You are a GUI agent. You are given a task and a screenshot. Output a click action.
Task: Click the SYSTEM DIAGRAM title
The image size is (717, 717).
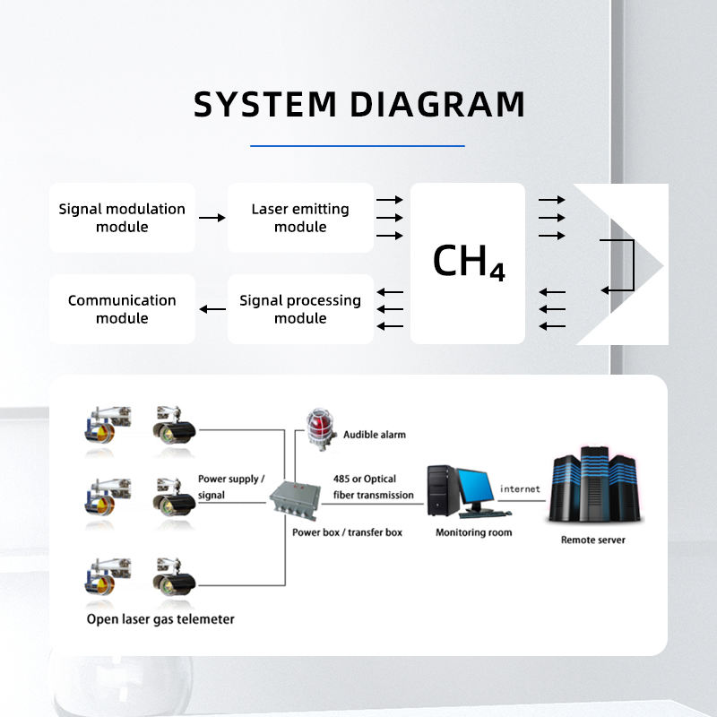click(358, 105)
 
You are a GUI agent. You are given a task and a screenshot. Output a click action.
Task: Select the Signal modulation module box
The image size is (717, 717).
click(122, 218)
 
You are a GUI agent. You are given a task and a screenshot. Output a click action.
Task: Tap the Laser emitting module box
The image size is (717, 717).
click(300, 218)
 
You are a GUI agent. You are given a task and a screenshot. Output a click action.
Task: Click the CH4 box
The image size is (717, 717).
click(468, 263)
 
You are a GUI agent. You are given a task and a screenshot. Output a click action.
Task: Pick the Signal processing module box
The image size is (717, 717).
click(300, 309)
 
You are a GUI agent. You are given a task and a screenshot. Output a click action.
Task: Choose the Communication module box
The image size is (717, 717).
click(122, 309)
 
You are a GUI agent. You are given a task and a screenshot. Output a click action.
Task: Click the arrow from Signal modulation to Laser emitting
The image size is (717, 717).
click(212, 218)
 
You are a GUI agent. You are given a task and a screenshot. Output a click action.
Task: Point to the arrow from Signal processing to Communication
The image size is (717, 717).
click(212, 309)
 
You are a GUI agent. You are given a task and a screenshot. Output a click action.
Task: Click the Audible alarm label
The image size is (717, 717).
click(374, 435)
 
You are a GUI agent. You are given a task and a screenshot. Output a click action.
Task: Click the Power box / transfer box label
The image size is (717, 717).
click(347, 532)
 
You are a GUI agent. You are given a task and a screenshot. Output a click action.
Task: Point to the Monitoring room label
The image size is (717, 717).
click(473, 532)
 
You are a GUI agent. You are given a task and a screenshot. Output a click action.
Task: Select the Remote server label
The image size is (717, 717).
click(592, 540)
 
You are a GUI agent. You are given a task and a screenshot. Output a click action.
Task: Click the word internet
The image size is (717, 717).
click(520, 489)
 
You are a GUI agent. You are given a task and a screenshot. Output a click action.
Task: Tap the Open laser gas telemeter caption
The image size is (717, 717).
click(160, 619)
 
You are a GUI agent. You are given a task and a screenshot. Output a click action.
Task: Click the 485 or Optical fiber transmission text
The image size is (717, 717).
click(373, 487)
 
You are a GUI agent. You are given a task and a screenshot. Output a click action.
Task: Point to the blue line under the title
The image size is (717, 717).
click(358, 145)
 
